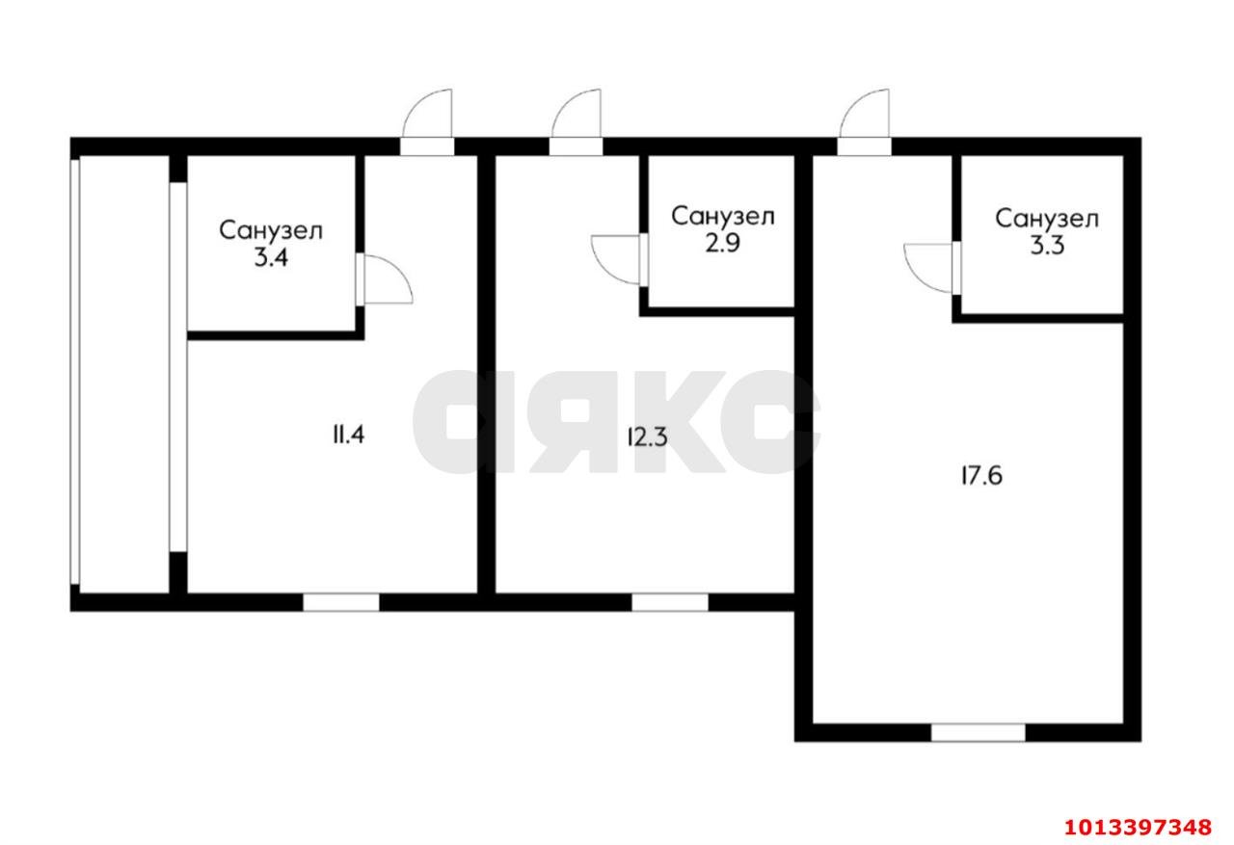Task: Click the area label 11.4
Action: click(x=348, y=436)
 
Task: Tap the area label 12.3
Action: click(x=648, y=437)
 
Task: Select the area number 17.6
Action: click(x=981, y=476)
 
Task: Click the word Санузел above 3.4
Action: click(x=271, y=230)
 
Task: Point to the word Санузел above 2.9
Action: click(x=723, y=217)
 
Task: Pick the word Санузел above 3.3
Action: click(x=1047, y=219)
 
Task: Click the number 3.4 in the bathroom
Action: click(x=271, y=257)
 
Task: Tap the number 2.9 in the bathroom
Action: click(x=723, y=244)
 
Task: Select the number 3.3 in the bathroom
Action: click(x=1047, y=246)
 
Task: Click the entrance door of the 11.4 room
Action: click(x=427, y=122)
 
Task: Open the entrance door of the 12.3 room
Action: click(x=577, y=122)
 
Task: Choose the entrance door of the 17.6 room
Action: click(x=865, y=122)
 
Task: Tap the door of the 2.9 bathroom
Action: click(x=619, y=260)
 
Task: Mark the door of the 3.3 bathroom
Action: click(x=932, y=268)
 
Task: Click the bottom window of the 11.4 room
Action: click(x=341, y=602)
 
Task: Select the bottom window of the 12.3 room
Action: click(x=670, y=602)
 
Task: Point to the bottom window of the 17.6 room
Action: click(x=979, y=732)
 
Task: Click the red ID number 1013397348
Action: click(x=1139, y=827)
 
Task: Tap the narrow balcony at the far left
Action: click(x=124, y=375)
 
